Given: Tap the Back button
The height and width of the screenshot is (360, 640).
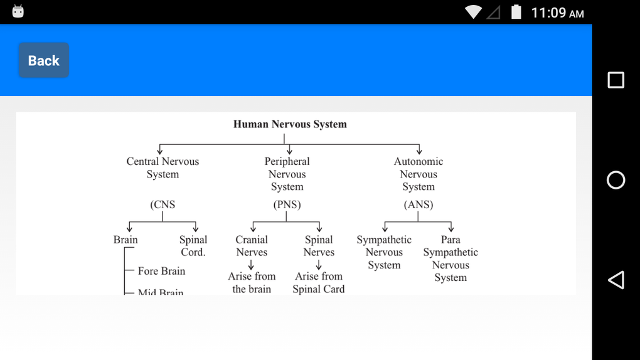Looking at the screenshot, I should pyautogui.click(x=43, y=60).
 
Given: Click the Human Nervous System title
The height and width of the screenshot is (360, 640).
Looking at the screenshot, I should pyautogui.click(x=290, y=124).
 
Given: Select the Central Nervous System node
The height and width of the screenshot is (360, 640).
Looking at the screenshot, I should pyautogui.click(x=163, y=168).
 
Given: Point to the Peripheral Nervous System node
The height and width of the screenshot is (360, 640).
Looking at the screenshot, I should pyautogui.click(x=287, y=174).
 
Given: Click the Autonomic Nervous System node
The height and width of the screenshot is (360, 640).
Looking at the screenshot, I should pyautogui.click(x=418, y=174).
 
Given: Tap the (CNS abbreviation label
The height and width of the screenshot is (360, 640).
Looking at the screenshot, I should pyautogui.click(x=163, y=204).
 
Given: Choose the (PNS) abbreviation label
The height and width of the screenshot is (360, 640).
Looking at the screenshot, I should pyautogui.click(x=287, y=204).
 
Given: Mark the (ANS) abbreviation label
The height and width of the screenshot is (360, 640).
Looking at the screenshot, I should pyautogui.click(x=418, y=204).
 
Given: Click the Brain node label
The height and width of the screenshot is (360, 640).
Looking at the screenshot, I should pyautogui.click(x=125, y=240).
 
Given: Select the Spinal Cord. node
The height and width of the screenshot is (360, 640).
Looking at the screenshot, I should pyautogui.click(x=193, y=246).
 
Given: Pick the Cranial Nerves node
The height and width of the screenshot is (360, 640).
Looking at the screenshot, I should pyautogui.click(x=252, y=246).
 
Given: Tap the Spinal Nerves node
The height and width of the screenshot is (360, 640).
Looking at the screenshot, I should pyautogui.click(x=319, y=246).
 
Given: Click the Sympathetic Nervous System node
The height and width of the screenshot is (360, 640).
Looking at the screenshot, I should pyautogui.click(x=384, y=252).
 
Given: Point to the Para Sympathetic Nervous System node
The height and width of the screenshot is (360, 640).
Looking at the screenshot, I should pyautogui.click(x=451, y=258).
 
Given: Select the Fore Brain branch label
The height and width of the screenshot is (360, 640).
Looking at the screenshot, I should pyautogui.click(x=161, y=271).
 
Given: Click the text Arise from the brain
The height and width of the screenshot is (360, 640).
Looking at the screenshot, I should pyautogui.click(x=252, y=283).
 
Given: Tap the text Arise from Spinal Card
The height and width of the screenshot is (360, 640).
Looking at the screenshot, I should pyautogui.click(x=319, y=283).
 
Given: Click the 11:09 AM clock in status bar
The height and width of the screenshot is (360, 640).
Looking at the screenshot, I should pyautogui.click(x=557, y=13).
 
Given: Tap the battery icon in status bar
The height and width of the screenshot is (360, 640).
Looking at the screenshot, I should pyautogui.click(x=516, y=12).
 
